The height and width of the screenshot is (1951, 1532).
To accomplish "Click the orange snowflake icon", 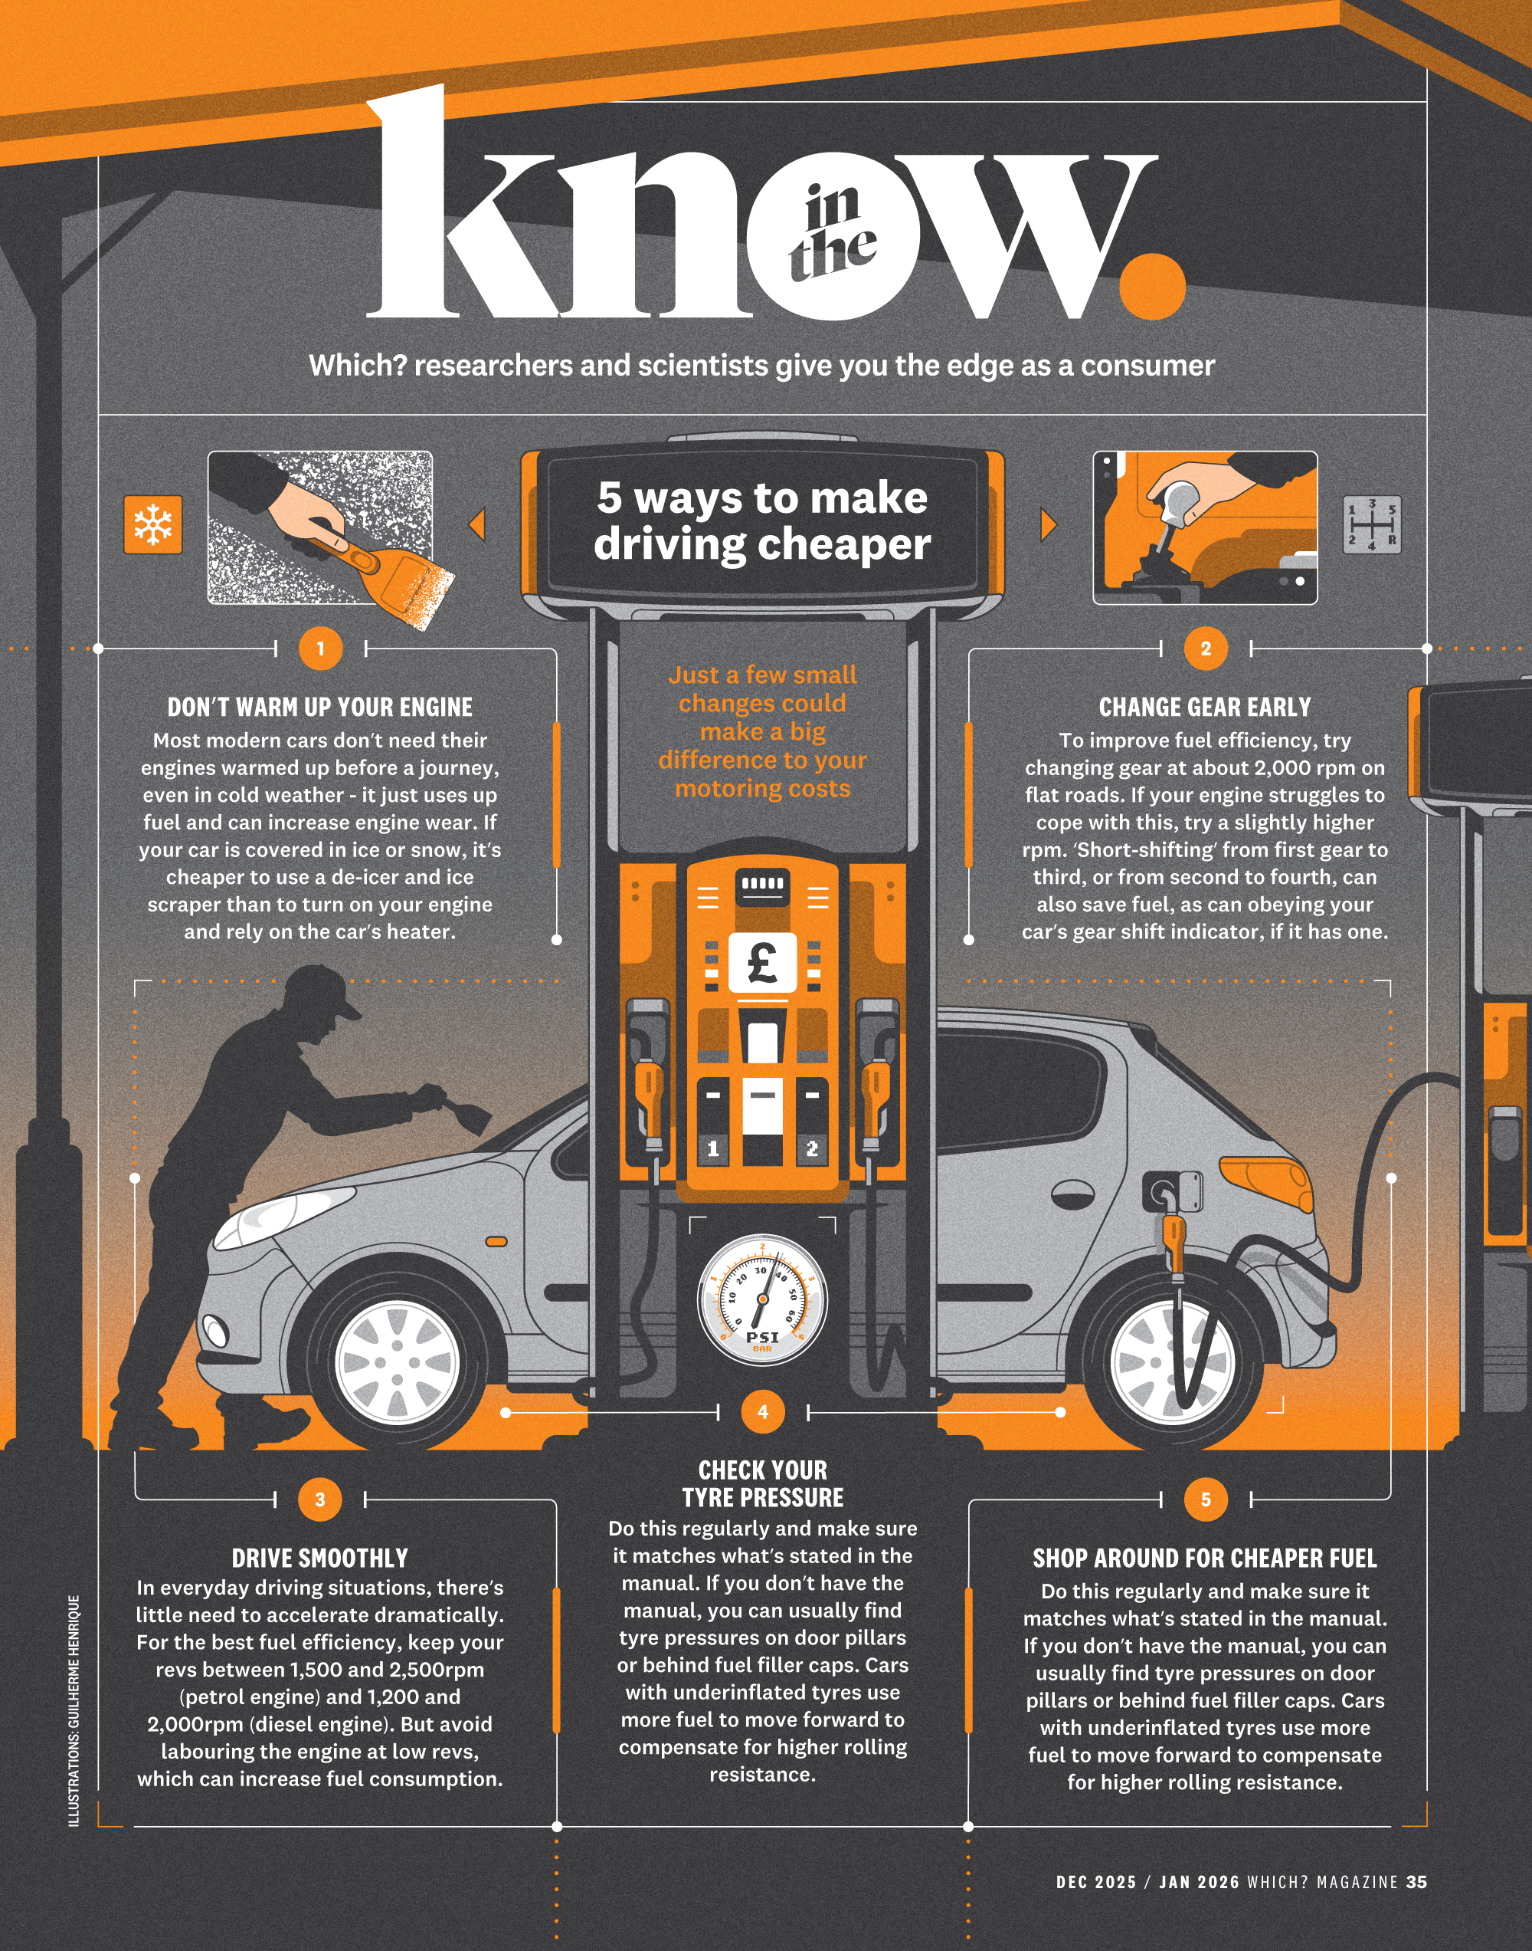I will [x=152, y=524].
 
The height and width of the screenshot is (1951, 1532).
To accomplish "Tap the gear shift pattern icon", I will [x=1371, y=524].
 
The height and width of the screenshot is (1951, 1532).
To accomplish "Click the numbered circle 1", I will [x=320, y=648].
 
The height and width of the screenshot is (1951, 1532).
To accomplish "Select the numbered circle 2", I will [x=1206, y=648].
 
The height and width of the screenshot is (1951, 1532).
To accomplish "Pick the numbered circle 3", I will [x=320, y=1499].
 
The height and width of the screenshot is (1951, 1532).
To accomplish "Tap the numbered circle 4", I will [x=762, y=1411].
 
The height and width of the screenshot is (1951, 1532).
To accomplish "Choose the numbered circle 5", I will [x=1206, y=1499].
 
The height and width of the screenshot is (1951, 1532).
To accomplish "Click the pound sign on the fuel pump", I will [x=762, y=961].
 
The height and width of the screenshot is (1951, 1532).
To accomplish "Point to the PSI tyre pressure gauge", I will [x=762, y=1299].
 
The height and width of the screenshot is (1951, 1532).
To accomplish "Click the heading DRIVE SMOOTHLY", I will [x=319, y=1559].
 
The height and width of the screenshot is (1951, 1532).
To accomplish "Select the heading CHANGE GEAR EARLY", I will [x=1205, y=707].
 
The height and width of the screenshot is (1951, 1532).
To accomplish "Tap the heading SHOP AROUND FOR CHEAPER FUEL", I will [x=1205, y=1559].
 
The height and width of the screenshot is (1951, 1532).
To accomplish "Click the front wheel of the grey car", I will [x=398, y=1363].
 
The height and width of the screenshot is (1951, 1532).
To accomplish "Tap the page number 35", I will [x=1416, y=1882].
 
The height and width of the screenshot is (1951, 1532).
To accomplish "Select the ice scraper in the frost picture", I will [x=394, y=569].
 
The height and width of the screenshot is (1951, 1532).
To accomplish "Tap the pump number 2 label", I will [x=812, y=1148].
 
